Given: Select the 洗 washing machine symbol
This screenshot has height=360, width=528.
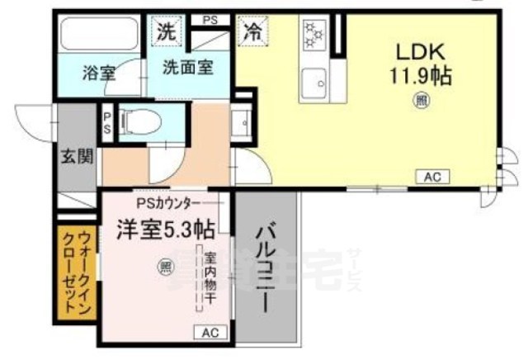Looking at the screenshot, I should coord(167,34).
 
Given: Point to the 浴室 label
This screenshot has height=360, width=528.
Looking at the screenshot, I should coord(98,72).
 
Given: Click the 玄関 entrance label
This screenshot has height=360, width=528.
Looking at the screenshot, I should coord(77,158).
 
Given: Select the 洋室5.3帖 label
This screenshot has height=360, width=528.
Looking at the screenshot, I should coord(165,226).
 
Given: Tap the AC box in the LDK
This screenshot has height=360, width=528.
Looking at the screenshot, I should coord(432,176).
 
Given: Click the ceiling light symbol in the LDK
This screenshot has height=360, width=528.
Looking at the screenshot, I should coord(422,102).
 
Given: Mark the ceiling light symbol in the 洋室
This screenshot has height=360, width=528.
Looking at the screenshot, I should coord(165,265).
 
